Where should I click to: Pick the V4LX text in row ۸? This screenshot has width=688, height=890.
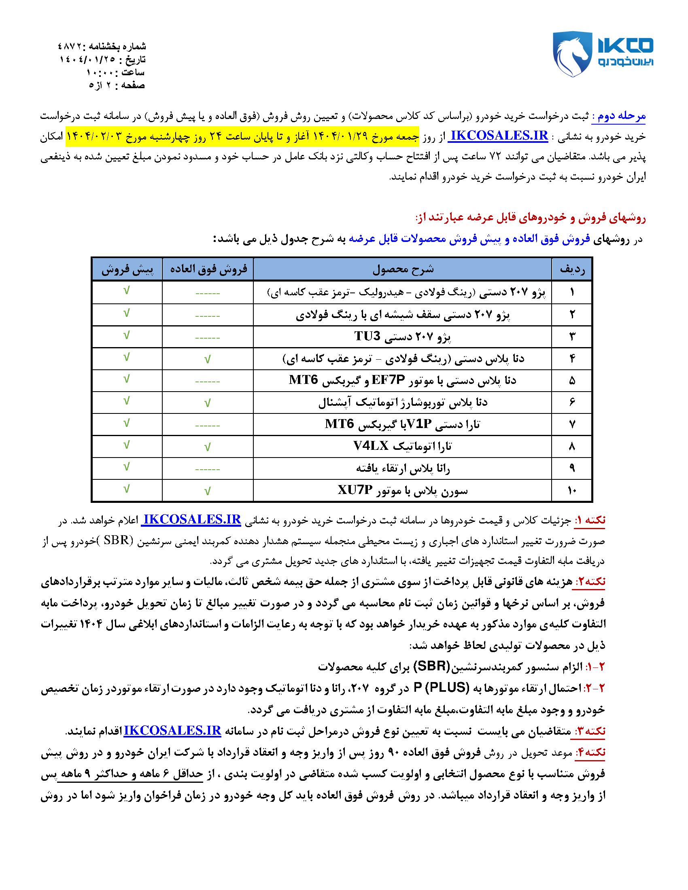coord(370,447)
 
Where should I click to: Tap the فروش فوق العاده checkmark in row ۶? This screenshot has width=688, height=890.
coord(208,403)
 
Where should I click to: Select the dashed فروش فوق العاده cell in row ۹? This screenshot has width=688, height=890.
coord(208,469)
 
